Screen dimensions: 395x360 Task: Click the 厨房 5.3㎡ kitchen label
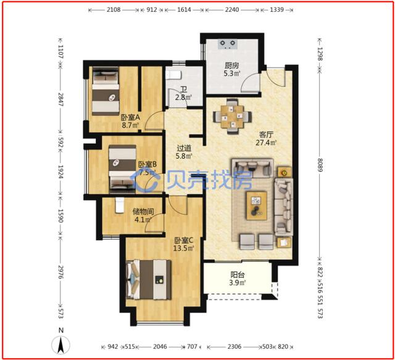[x=232, y=69]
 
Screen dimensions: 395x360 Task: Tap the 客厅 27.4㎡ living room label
[x=266, y=138]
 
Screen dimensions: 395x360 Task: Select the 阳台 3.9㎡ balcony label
[x=237, y=278]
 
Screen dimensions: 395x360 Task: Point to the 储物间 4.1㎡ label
[x=143, y=216]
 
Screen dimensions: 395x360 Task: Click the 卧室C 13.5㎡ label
[x=183, y=245]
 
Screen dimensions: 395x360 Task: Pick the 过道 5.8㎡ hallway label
[x=184, y=152]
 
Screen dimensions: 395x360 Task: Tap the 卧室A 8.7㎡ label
[x=130, y=121]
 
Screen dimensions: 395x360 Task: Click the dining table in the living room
[x=232, y=116]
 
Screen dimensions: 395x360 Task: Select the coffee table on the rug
[x=257, y=206]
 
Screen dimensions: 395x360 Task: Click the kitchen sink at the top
[x=228, y=44]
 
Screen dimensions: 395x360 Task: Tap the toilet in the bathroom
[x=173, y=75]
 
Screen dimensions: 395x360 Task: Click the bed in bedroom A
[x=106, y=91]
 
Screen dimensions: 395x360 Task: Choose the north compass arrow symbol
[x=60, y=345]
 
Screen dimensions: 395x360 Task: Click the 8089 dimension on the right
[x=320, y=165]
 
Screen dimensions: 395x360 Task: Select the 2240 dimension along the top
[x=232, y=10]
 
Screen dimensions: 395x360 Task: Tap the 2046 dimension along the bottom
[x=160, y=347]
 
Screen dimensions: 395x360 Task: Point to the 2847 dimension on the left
[x=60, y=99]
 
